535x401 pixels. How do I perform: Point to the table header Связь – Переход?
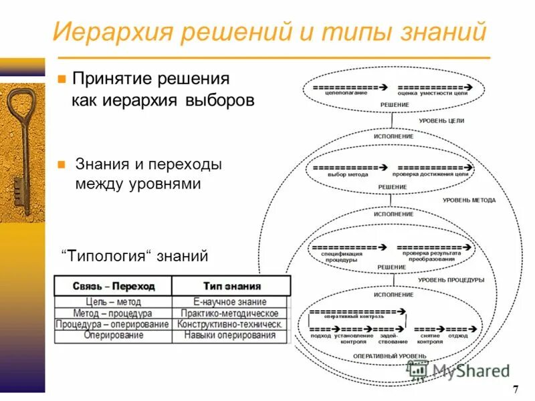(114, 286)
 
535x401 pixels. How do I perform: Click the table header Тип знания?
(231, 286)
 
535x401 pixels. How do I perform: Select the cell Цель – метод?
(113, 302)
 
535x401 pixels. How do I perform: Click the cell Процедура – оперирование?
(113, 324)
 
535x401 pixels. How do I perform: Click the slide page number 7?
(515, 390)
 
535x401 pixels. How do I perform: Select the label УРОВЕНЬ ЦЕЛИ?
(441, 120)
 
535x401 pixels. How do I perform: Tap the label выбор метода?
(348, 174)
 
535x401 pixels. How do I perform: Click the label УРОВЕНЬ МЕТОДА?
(469, 200)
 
